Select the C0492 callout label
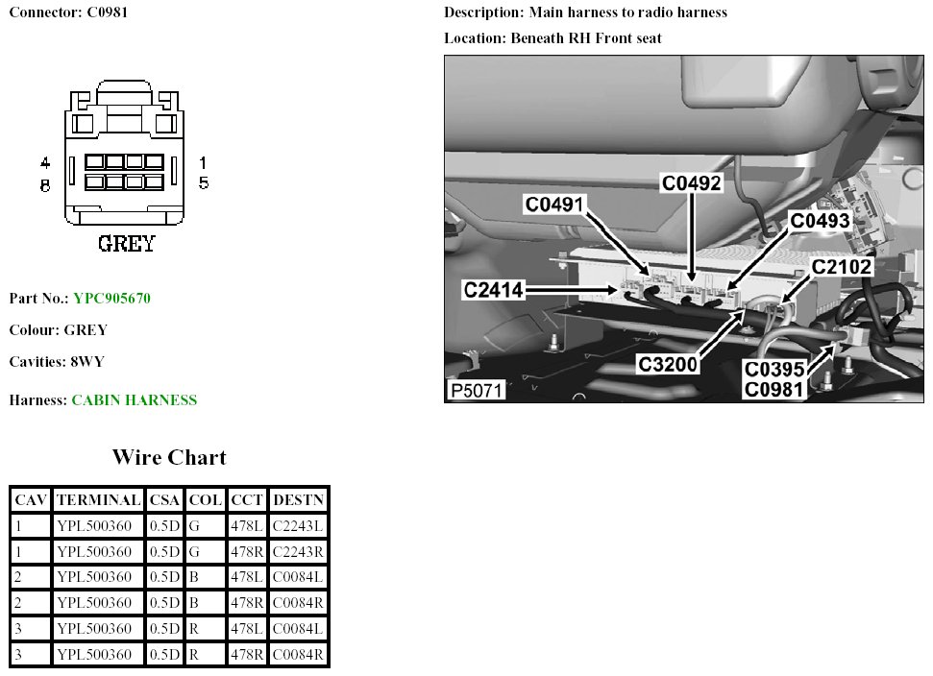pyautogui.click(x=691, y=182)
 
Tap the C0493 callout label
pyautogui.click(x=820, y=221)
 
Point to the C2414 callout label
pyautogui.click(x=492, y=288)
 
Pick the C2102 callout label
pyautogui.click(x=843, y=266)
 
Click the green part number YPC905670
pyautogui.click(x=111, y=298)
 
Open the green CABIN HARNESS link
pyautogui.click(x=135, y=400)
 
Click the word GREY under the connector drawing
pyautogui.click(x=126, y=244)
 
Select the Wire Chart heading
pyautogui.click(x=169, y=457)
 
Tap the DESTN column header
pyautogui.click(x=298, y=499)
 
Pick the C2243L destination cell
pyautogui.click(x=298, y=525)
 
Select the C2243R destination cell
pyautogui.click(x=298, y=551)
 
